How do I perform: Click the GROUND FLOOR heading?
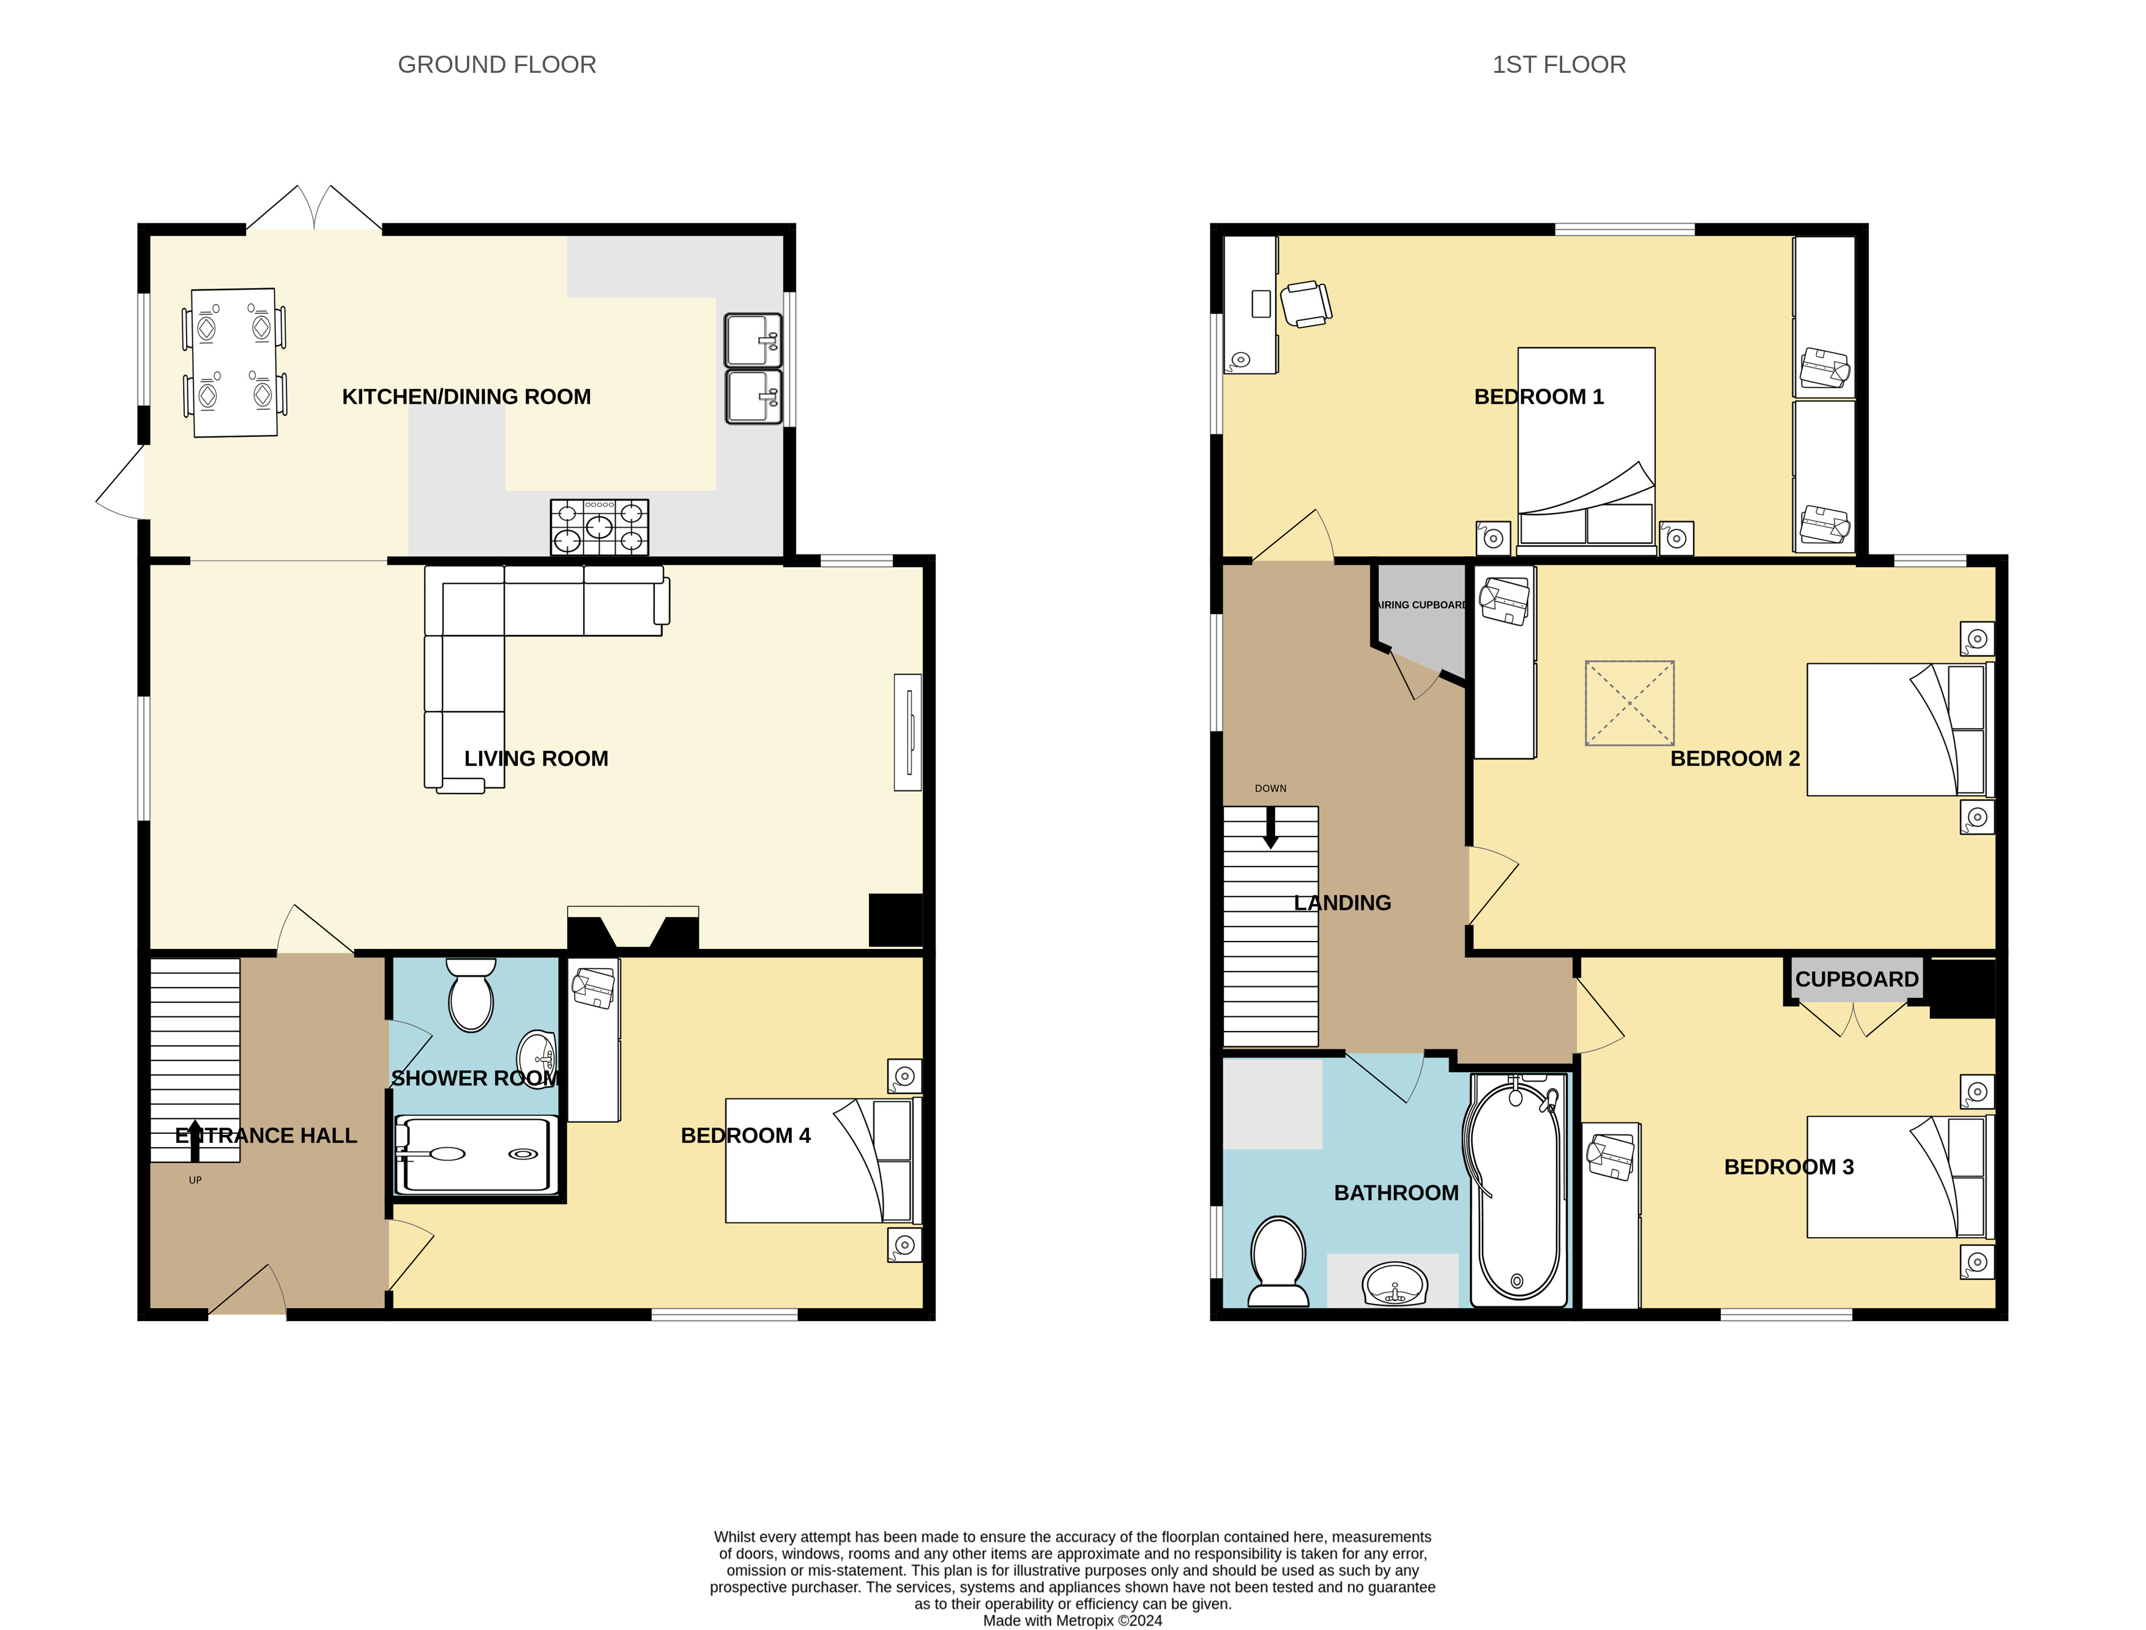pos(497,65)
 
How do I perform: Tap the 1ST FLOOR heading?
pos(1558,65)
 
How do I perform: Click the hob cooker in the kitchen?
pos(600,527)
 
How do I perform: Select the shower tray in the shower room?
pos(475,1155)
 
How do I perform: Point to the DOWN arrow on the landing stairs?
pos(1270,828)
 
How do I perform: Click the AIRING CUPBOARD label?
pos(1422,605)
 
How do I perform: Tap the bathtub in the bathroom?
pos(1518,1189)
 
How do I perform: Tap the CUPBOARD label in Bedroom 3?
pos(1857,979)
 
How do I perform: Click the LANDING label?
pos(1343,903)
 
